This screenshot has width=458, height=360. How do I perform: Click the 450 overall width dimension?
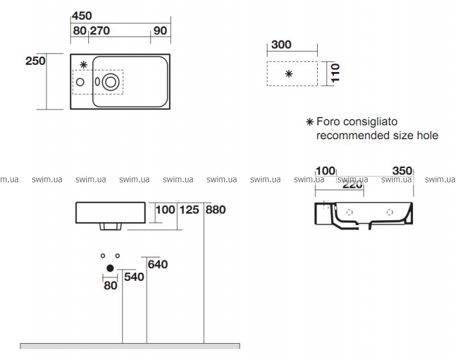tap(82, 16)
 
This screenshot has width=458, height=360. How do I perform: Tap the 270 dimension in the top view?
tap(100, 31)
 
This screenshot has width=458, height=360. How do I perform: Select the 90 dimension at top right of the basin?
tap(160, 31)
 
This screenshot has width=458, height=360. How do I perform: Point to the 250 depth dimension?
tap(35, 61)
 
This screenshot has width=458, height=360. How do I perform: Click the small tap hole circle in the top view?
tap(80, 82)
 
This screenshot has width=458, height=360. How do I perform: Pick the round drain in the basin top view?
tap(110, 82)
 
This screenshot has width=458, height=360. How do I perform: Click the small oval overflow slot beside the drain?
tap(98, 82)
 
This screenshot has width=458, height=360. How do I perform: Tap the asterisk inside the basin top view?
tap(83, 65)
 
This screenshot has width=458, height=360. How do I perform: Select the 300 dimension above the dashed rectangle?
tap(281, 44)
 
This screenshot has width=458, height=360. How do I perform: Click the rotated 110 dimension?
tap(336, 73)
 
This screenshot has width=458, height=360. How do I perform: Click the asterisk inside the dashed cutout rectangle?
tap(289, 74)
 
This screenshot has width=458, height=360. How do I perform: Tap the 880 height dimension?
tap(216, 209)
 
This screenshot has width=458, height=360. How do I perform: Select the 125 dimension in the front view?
tap(189, 209)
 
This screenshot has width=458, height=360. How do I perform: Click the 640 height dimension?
tap(158, 265)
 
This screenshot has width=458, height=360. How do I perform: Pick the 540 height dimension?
tap(134, 277)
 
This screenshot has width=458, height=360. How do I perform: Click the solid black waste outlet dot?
tap(110, 268)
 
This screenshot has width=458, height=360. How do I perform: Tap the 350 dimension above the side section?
tap(402, 171)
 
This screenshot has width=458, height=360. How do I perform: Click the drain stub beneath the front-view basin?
tap(110, 226)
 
